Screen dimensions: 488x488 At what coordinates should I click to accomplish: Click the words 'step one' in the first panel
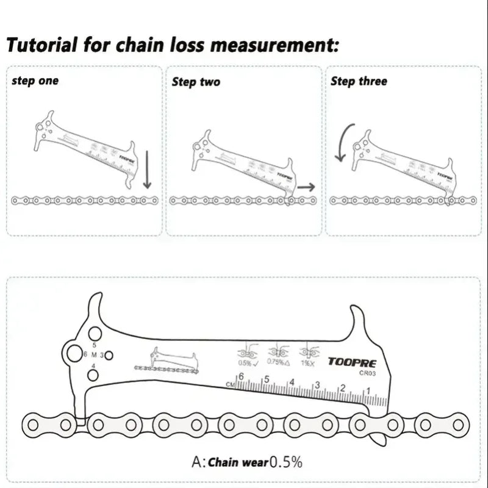pos(35,81)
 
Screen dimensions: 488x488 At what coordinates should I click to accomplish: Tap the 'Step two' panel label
pos(196,82)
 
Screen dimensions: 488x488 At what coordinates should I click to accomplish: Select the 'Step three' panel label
pos(359,81)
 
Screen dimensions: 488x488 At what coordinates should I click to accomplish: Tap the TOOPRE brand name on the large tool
pos(348,361)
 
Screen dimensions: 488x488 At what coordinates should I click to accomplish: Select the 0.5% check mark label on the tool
pos(248,363)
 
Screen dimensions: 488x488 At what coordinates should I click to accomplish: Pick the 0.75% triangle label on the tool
pos(278,363)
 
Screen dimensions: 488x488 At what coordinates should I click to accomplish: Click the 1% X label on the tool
pos(307,363)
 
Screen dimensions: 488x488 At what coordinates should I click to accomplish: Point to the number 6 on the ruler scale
pos(241,378)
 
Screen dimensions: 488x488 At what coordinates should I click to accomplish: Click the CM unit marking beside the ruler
pos(230,384)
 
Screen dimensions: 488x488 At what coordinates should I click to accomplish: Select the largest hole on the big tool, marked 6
pos(74,354)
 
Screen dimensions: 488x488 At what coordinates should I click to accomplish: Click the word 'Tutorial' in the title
pos(42,45)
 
